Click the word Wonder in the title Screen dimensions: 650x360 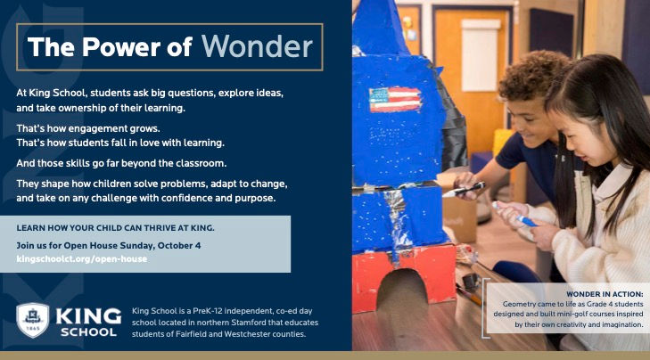coord(257,46)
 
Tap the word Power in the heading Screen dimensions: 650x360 coord(121,46)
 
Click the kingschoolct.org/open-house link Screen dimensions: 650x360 coord(82,259)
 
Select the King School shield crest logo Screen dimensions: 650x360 coord(32,320)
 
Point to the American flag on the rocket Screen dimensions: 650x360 coord(395,100)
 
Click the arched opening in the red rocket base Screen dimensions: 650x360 coord(401,290)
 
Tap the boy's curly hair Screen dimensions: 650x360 coord(532,75)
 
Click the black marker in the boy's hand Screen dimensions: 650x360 coord(463,190)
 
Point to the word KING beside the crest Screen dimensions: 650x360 coord(88,317)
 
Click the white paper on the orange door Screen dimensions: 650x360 coord(481,55)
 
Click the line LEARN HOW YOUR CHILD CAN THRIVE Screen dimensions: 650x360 coord(115,228)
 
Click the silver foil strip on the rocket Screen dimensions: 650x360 coord(394,219)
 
